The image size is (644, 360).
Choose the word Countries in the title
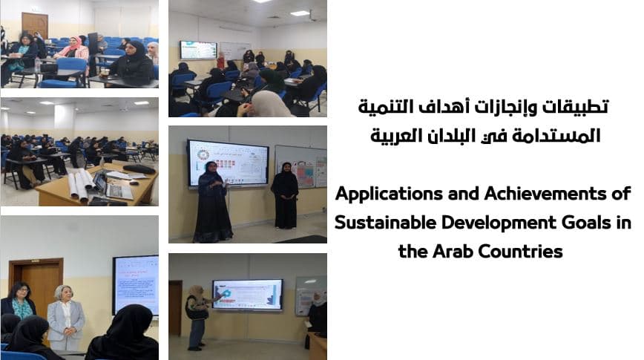pos(520,251)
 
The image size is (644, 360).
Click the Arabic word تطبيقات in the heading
pos(576,107)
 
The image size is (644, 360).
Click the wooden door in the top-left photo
pos(35,25)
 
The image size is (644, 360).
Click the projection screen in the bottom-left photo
pos(136,285)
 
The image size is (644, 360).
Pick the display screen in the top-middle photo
pos(198,50)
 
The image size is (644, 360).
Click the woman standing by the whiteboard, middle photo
pos(285,195)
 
